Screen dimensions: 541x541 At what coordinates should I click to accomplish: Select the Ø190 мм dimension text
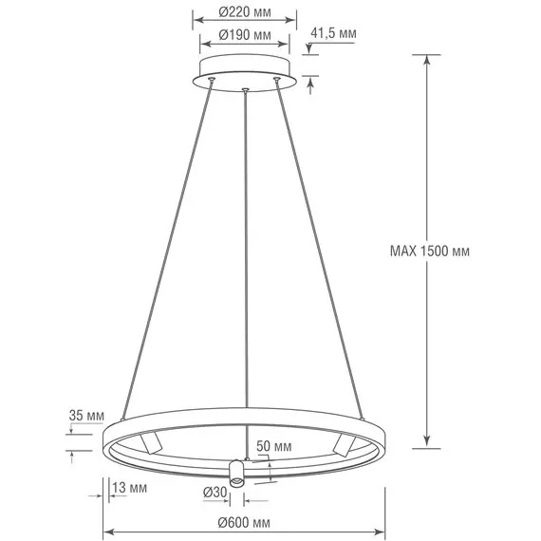pyautogui.click(x=244, y=35)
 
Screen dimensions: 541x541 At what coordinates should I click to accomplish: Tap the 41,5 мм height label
pyautogui.click(x=334, y=33)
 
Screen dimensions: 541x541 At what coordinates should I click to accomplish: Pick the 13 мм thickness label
pyautogui.click(x=127, y=488)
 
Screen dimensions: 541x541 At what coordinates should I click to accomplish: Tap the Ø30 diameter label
pyautogui.click(x=215, y=492)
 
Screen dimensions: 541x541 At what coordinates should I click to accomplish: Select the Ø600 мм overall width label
pyautogui.click(x=244, y=523)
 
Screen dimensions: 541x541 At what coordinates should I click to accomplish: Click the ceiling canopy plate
pyautogui.click(x=245, y=72)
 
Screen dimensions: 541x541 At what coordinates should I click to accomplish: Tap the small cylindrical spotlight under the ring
pyautogui.click(x=236, y=472)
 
